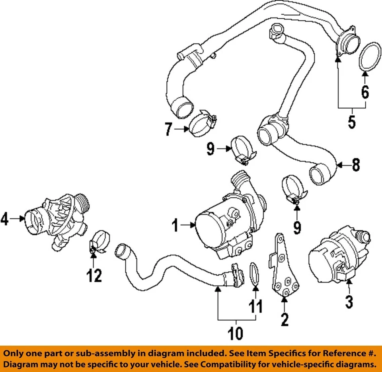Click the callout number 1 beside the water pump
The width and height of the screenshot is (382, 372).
coord(175,226)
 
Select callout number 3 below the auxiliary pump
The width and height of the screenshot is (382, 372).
coord(349,301)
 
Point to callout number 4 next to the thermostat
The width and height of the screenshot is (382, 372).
coord(4,218)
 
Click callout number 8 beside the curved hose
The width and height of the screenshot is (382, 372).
coord(356,164)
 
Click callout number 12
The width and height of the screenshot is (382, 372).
coord(94,275)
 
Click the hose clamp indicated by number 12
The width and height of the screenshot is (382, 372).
coord(99,243)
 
